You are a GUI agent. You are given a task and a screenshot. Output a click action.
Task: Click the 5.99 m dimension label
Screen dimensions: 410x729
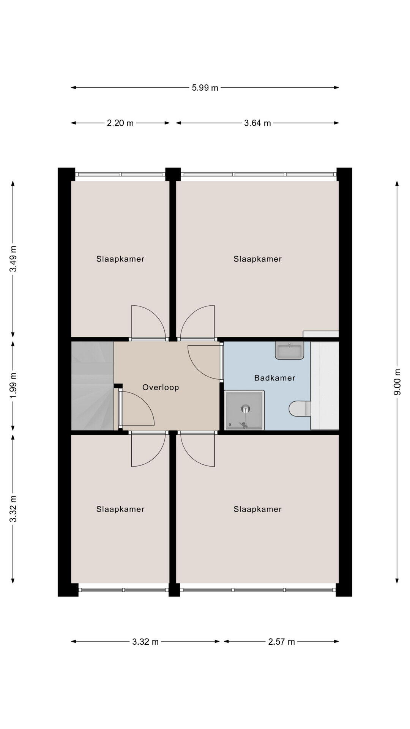point(205,88)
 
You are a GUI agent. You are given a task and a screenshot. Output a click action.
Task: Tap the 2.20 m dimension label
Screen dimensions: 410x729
point(120,123)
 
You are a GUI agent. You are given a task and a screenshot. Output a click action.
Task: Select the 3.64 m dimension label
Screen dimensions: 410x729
point(257,123)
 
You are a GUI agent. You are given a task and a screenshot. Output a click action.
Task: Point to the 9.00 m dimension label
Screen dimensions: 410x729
point(397,382)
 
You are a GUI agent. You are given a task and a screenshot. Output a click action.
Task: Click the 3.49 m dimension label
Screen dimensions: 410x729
point(13,259)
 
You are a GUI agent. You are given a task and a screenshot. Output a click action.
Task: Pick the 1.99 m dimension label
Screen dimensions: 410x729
point(13,386)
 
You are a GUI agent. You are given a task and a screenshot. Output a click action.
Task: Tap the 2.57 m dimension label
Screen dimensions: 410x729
point(281,642)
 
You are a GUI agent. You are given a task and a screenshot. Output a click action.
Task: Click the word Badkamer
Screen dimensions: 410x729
point(275,378)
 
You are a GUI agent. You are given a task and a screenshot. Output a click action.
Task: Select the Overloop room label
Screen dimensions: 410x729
point(161,387)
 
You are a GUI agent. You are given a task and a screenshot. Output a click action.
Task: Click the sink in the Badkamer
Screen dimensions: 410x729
point(290,350)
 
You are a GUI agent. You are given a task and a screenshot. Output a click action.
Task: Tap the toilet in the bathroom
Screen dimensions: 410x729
point(300,409)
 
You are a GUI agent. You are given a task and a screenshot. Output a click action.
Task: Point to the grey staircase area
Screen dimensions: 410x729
point(93,386)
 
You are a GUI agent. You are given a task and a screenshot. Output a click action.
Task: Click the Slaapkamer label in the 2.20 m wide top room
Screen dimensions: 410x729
point(120,259)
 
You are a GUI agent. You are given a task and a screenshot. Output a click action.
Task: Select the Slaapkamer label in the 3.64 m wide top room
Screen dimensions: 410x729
point(257,259)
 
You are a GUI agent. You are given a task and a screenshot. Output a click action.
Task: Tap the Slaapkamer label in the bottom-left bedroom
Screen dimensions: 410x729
point(120,509)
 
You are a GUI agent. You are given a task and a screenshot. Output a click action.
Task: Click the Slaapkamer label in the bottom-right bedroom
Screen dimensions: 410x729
point(257,509)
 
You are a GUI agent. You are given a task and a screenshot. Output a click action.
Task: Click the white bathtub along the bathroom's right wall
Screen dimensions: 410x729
point(325,386)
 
